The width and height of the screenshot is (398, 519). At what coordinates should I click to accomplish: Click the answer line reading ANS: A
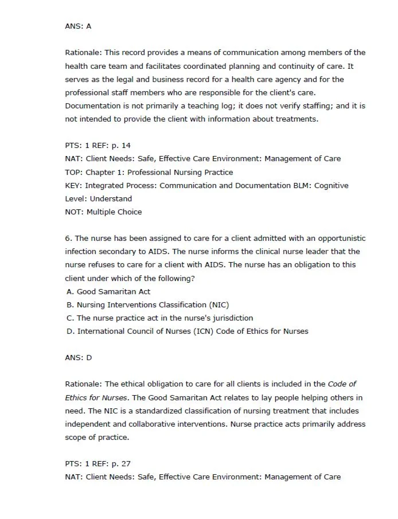(x=78, y=26)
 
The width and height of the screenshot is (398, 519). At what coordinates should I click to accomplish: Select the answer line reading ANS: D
(x=78, y=357)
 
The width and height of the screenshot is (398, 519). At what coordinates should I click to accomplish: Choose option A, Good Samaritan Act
(x=108, y=291)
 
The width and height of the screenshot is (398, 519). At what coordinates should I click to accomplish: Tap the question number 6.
(x=68, y=238)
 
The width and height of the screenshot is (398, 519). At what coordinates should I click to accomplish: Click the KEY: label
(x=74, y=185)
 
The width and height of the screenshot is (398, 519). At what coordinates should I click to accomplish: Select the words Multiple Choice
(x=114, y=212)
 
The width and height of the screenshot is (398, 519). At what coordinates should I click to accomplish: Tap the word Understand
(x=111, y=198)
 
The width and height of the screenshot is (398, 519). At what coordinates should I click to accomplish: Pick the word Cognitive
(x=329, y=185)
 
